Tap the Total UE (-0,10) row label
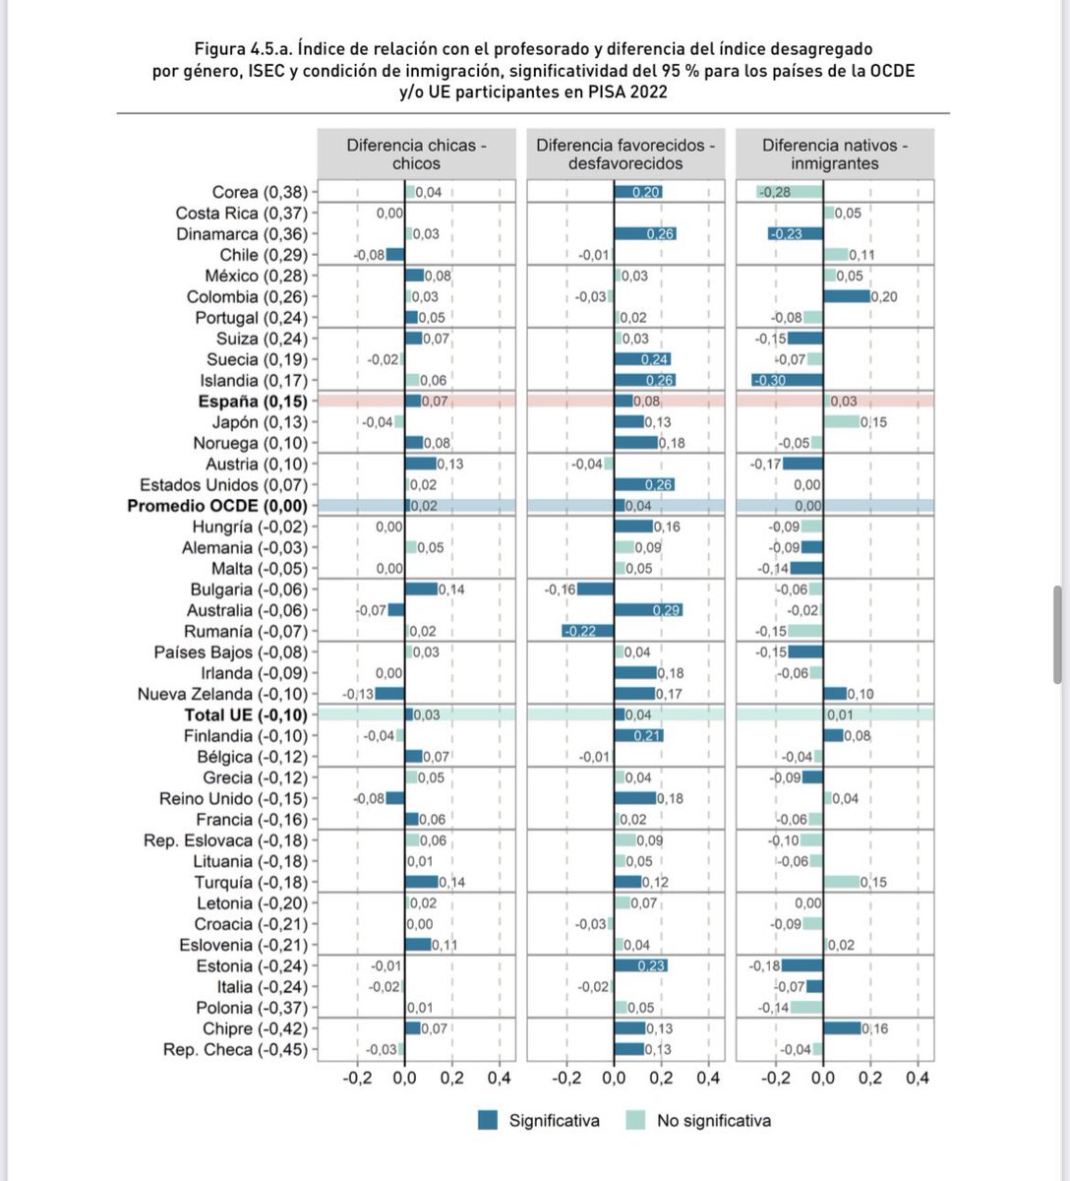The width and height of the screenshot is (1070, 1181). click(246, 715)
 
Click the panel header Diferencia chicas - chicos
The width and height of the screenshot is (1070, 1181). click(416, 155)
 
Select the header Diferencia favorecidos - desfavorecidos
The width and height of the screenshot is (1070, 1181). click(625, 155)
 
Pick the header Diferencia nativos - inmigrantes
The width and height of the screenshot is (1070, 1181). click(835, 155)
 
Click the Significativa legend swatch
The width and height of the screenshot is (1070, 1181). click(488, 1120)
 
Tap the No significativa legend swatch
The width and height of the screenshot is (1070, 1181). click(635, 1120)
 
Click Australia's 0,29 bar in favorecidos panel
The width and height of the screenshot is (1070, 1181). click(648, 610)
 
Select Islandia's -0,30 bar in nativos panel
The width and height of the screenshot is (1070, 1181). click(788, 381)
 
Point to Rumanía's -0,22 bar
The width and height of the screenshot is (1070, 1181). click(588, 631)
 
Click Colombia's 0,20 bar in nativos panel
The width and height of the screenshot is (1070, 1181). click(847, 297)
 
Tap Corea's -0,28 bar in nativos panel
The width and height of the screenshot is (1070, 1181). click(790, 193)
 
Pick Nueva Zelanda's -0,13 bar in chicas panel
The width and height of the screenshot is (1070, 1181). click(389, 694)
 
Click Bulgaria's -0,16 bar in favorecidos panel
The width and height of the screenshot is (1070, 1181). click(595, 590)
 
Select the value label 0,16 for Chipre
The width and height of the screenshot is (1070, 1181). click(874, 1028)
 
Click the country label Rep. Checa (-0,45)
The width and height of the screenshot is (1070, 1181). click(235, 1049)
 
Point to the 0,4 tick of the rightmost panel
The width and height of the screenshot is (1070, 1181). click(918, 1078)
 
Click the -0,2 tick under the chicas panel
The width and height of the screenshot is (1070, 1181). click(357, 1078)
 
